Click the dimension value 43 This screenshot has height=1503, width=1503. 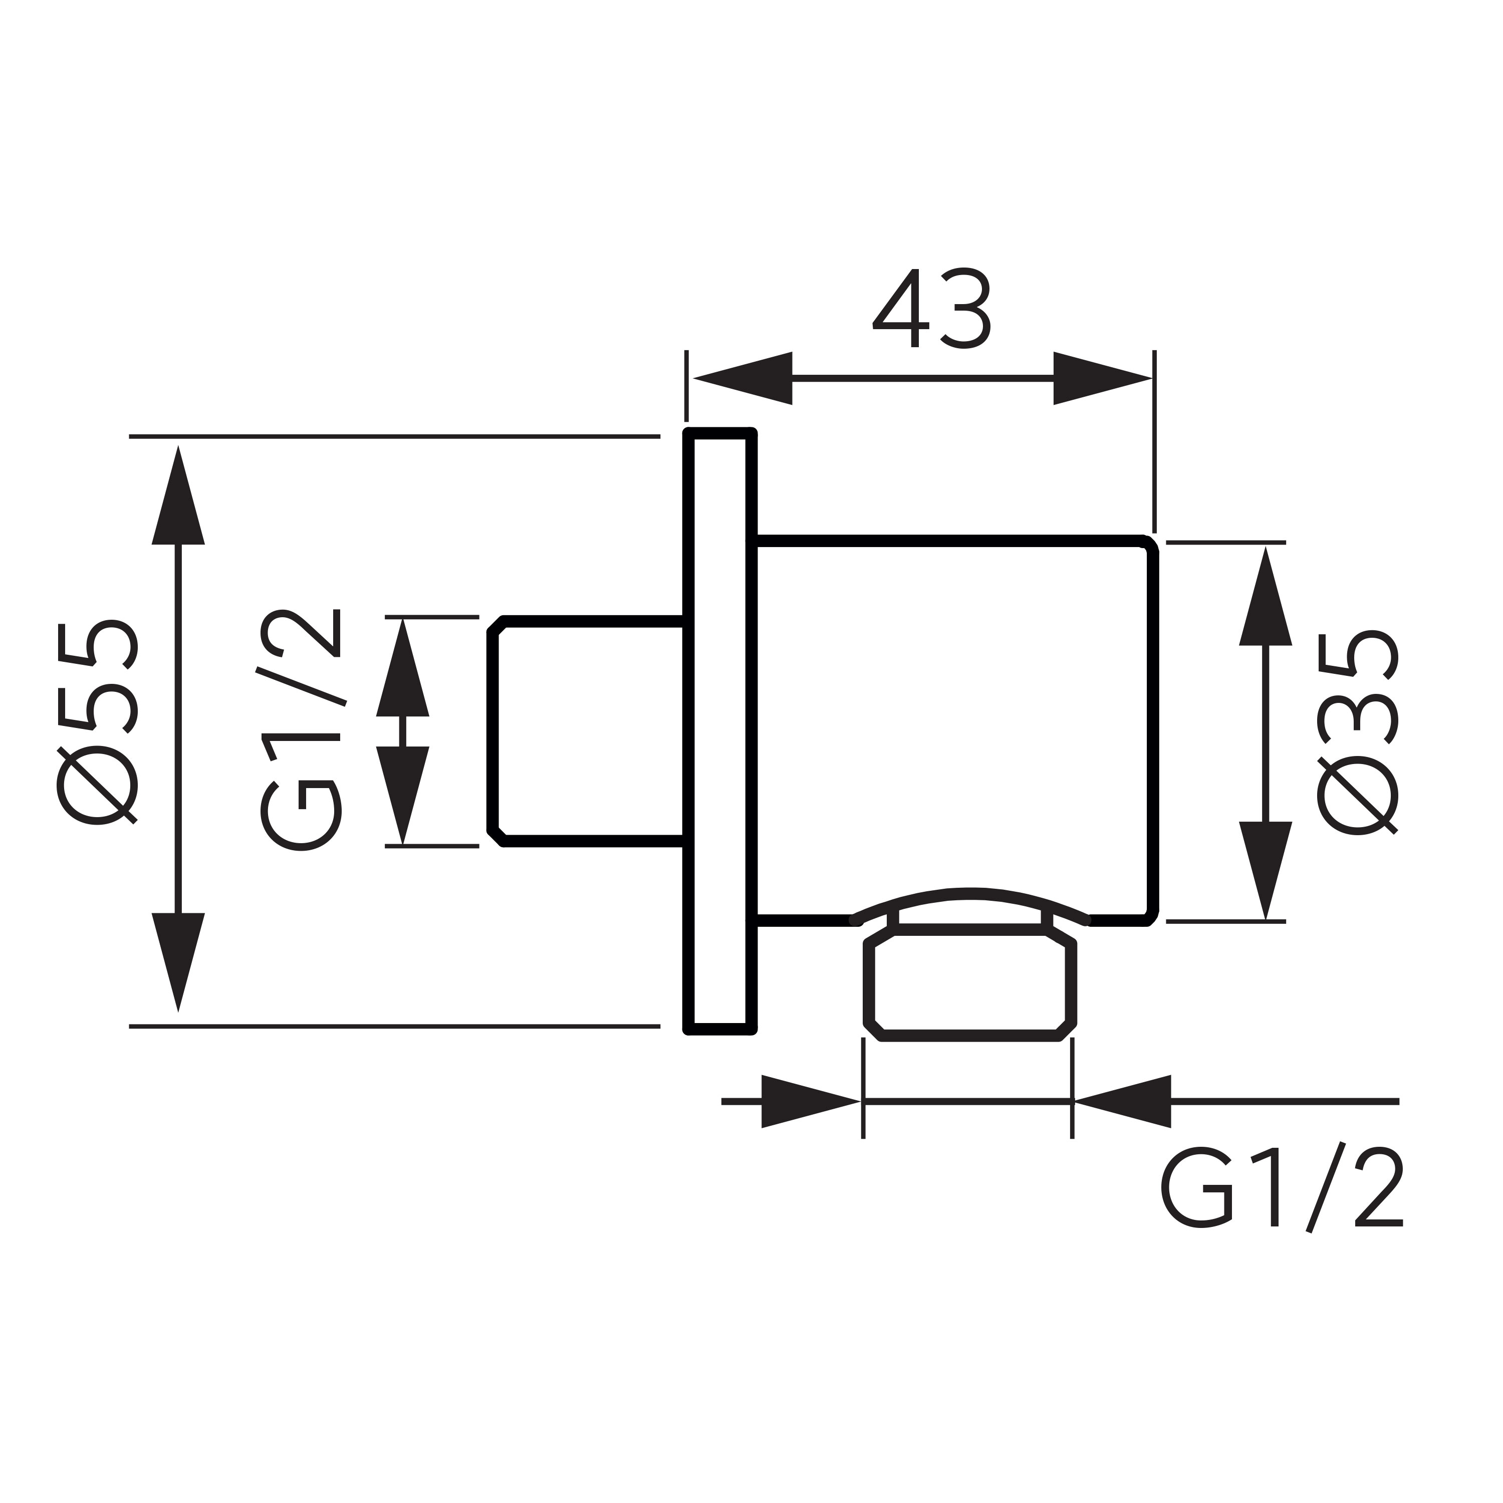(932, 309)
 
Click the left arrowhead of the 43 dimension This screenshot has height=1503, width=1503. (743, 379)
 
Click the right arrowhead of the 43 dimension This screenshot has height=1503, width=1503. (1101, 379)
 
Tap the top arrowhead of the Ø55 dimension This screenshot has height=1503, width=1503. (178, 498)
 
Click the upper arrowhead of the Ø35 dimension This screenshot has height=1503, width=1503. (1266, 599)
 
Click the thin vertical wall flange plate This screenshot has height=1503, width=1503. (719, 731)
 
